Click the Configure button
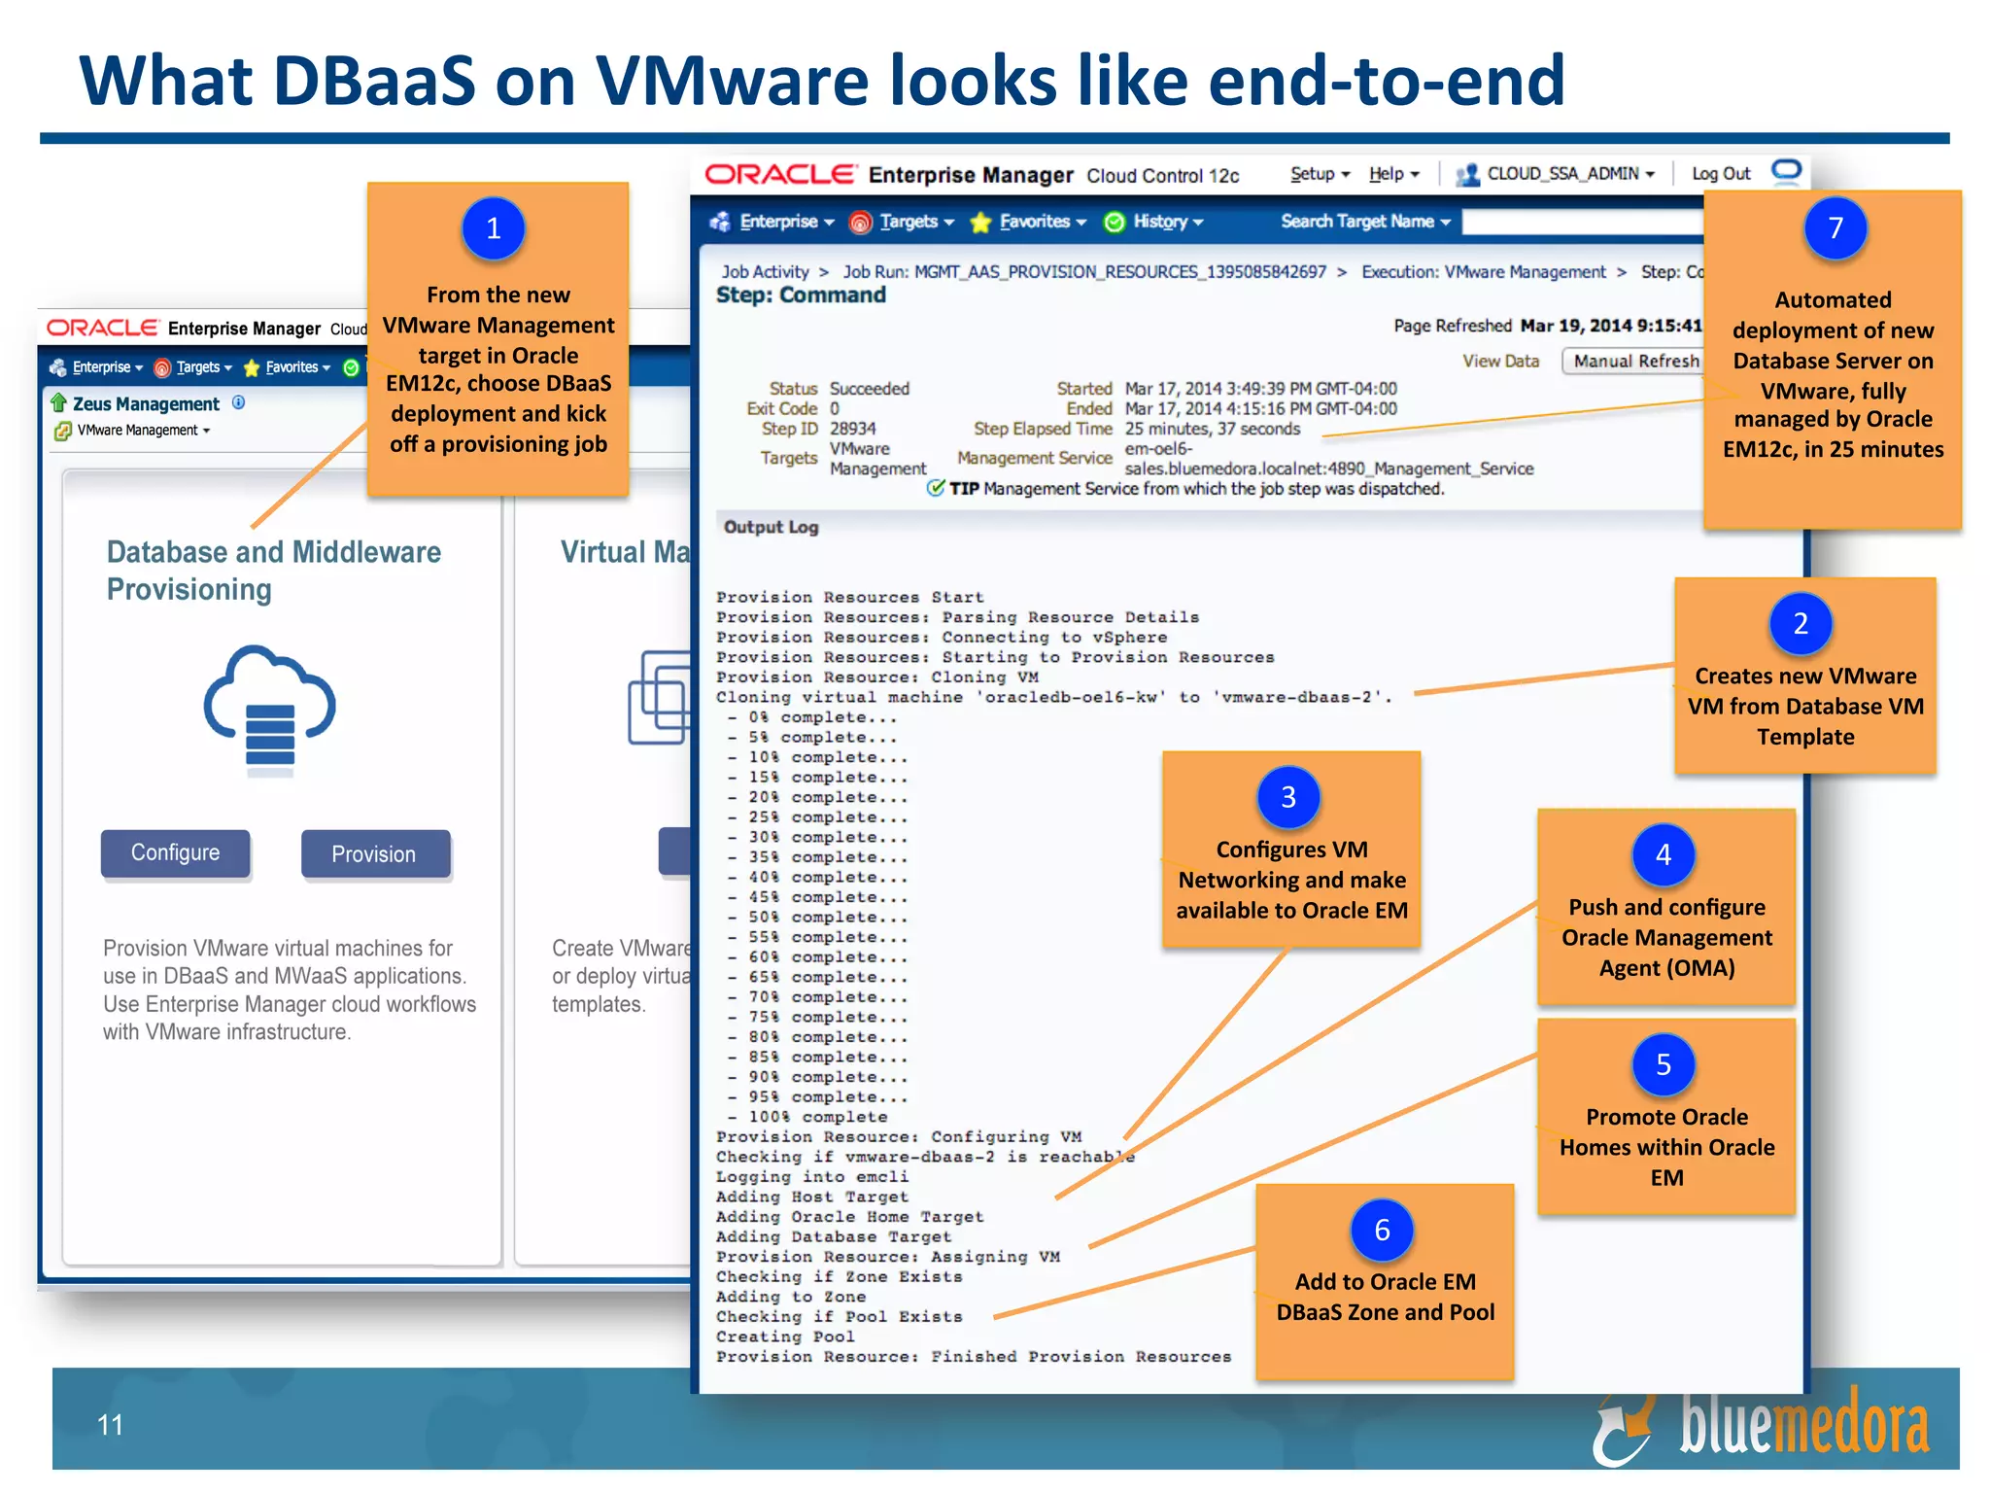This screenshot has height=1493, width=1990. (x=176, y=852)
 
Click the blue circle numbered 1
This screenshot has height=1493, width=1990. (x=494, y=228)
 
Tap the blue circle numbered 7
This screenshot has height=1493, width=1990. (x=1836, y=228)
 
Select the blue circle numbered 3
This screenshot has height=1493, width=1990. (x=1288, y=797)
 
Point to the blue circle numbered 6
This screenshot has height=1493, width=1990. (x=1382, y=1231)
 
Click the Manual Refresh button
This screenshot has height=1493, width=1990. (x=1635, y=361)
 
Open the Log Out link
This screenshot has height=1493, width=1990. (x=1721, y=174)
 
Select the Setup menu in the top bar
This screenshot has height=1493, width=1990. (x=1319, y=174)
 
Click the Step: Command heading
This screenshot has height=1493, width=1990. (x=801, y=295)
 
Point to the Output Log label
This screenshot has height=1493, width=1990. (x=771, y=527)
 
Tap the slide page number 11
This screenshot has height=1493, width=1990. (x=110, y=1425)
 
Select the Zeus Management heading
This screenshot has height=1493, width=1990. (x=146, y=403)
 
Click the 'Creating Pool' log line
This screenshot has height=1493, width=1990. (x=785, y=1337)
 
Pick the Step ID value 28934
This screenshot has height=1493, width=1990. (x=852, y=429)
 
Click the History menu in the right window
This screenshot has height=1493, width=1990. (x=1160, y=222)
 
